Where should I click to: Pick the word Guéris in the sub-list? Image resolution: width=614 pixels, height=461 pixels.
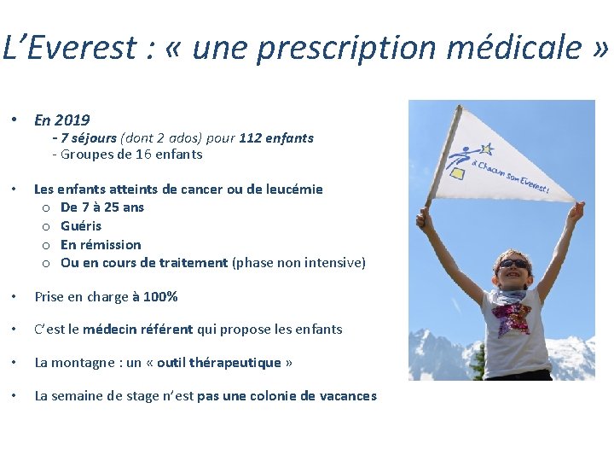point(81,225)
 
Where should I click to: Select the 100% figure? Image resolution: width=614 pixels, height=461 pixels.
point(160,296)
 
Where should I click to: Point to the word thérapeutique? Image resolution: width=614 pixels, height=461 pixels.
point(235,362)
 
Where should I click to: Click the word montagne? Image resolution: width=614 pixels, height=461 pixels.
point(83,363)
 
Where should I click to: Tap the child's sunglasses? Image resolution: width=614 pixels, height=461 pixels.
point(513,266)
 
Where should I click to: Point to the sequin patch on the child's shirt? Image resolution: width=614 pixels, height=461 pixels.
point(511,317)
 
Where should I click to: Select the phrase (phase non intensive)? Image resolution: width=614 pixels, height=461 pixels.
point(298,262)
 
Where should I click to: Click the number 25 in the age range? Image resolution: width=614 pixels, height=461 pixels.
point(110,207)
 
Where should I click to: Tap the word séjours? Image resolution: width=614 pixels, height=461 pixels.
point(92,137)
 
